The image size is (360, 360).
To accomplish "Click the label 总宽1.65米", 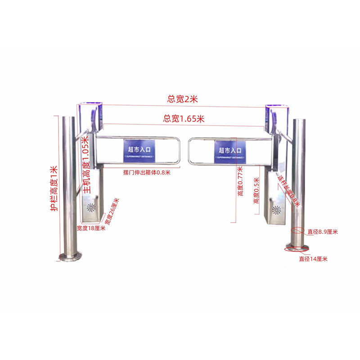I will click(184, 119).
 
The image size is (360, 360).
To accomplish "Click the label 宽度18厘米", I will click(90, 228).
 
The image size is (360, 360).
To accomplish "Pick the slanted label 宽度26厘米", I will click(112, 212).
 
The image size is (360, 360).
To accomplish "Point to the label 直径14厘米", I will click(313, 259).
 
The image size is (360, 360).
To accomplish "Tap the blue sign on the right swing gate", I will click(230, 152).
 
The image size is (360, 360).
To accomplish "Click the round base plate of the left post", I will click(69, 256).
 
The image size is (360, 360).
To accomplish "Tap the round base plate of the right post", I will click(297, 247).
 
